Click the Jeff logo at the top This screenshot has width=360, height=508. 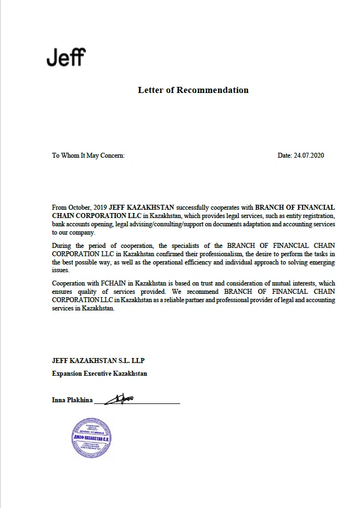[66, 57]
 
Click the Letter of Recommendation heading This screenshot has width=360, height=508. [193, 90]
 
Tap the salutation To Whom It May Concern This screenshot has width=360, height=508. [88, 155]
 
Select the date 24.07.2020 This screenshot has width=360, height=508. [308, 155]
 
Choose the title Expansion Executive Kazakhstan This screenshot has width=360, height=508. [99, 374]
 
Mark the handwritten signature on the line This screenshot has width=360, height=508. [120, 398]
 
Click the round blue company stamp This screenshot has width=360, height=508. [92, 437]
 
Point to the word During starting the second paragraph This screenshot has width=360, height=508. [63, 245]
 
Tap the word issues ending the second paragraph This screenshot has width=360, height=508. [60, 271]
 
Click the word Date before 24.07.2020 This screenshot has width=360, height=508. [284, 155]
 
